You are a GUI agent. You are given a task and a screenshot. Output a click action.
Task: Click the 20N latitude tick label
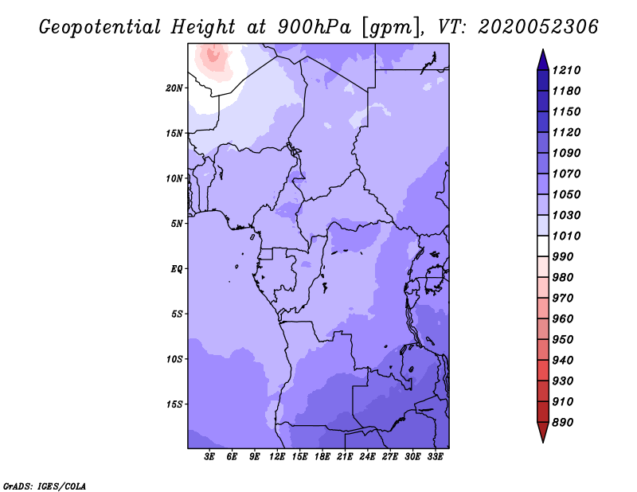pos(174,88)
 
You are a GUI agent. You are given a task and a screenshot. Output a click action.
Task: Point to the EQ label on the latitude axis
pos(176,269)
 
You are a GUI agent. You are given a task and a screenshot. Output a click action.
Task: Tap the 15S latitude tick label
pos(174,404)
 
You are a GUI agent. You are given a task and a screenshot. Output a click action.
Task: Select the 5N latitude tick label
pos(177,224)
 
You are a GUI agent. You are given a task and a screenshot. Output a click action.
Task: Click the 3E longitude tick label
pos(209,457)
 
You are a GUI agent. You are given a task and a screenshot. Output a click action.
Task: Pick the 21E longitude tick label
pos(345,457)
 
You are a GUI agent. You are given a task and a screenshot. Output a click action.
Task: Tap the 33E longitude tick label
pos(435,457)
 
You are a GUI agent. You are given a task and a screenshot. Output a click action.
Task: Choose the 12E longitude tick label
pos(277,457)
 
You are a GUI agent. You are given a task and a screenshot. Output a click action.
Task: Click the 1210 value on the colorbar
pos(566,70)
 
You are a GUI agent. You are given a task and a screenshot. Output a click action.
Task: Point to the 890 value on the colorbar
pos(563,423)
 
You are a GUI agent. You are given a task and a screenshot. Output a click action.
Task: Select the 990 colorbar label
pos(563,257)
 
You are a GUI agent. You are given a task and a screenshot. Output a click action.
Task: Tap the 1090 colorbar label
pos(566,153)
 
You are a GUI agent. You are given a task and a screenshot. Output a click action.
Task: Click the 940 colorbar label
pos(563,361)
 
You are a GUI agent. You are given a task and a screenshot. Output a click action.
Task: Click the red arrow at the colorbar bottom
pos(543,431)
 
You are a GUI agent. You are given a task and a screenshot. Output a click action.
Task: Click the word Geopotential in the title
pos(100,28)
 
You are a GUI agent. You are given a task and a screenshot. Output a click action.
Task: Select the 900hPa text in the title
pos(314,27)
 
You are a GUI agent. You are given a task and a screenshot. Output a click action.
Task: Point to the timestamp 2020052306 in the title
pos(538,27)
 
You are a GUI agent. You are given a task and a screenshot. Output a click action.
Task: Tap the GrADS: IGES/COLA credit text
pos(45,486)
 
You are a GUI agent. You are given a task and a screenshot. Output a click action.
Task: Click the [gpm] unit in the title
pos(391,28)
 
